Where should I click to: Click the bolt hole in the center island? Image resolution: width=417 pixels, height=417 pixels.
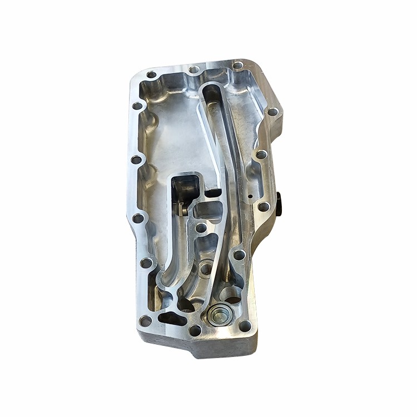(201, 227)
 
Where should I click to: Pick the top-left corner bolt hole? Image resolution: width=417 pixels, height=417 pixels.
(151, 75)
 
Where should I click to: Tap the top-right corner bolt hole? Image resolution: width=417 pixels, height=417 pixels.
(237, 66)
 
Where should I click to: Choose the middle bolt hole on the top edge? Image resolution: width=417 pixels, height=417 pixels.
(193, 70)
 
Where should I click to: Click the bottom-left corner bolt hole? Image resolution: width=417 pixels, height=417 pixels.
(145, 321)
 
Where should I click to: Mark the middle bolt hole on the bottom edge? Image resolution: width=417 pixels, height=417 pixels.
(195, 330)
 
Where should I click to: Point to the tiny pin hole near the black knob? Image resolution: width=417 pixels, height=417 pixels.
(251, 196)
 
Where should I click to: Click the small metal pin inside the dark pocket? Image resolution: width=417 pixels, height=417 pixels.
(183, 210)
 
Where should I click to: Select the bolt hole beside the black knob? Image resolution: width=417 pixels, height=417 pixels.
(264, 207)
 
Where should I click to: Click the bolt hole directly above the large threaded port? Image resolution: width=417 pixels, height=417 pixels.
(239, 255)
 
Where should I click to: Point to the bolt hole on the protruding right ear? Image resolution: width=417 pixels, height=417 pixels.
(272, 112)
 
